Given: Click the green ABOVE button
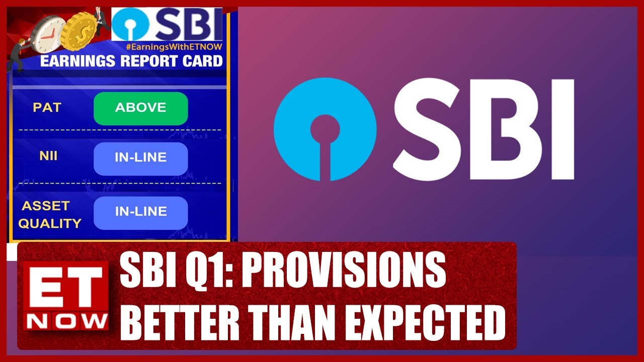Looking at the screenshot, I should (x=140, y=108).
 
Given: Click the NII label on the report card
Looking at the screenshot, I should (x=48, y=156).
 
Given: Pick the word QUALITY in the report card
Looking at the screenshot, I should (x=50, y=223).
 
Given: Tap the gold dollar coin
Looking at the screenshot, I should (x=78, y=31).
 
